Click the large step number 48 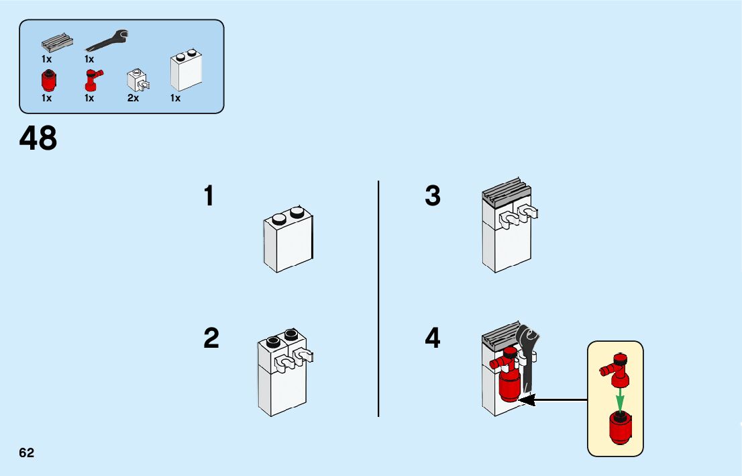(x=38, y=139)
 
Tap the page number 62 (x=26, y=453)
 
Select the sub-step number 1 (x=209, y=197)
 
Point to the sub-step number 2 (x=211, y=338)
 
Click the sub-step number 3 (x=433, y=197)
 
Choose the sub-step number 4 (x=433, y=338)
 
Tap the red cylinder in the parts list (x=48, y=82)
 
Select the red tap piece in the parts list (x=91, y=81)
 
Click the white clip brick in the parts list (x=138, y=81)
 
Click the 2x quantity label (x=133, y=98)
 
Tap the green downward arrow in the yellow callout (x=620, y=397)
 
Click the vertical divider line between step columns (x=378, y=299)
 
